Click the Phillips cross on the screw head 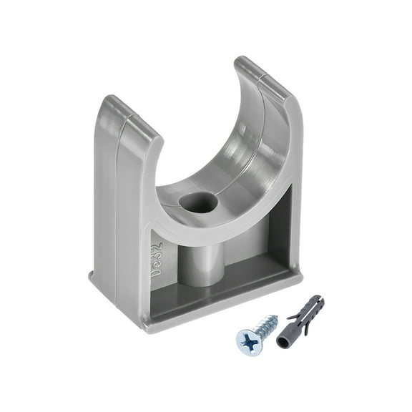coord(250,342)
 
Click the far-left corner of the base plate coord(91,275)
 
